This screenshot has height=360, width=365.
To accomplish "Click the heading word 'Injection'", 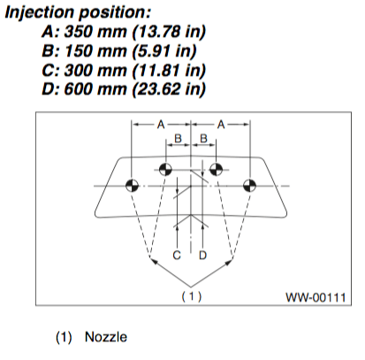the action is tap(39, 13).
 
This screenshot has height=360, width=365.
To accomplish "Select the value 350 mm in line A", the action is tap(95, 31).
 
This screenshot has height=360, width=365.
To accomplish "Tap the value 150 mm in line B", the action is tap(95, 50).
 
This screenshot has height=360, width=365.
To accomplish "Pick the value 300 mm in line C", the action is tap(95, 70).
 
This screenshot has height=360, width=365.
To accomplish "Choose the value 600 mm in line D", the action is tap(95, 89).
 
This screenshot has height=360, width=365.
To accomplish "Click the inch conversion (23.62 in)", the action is tap(169, 89).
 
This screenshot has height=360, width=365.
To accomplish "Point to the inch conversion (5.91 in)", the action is tap(164, 51).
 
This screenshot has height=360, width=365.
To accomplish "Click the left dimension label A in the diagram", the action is tap(161, 125).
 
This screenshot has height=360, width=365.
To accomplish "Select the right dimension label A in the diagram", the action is tap(221, 125).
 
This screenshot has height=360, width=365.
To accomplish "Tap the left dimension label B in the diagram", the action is tap(179, 139).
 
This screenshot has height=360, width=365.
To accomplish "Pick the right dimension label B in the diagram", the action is tap(204, 139).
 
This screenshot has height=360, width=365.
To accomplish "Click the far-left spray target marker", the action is tap(132, 186).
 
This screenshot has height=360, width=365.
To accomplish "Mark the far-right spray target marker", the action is tap(250, 186).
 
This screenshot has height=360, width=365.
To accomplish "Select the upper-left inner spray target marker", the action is tap(165, 170).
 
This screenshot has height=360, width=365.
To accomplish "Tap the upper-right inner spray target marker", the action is tap(217, 170).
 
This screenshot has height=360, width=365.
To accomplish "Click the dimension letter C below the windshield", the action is tap(177, 256).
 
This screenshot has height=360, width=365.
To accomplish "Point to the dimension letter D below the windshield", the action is tap(203, 256).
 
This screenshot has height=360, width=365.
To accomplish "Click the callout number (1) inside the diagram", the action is tap(192, 296).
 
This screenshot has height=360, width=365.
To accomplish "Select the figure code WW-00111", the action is tap(316, 297).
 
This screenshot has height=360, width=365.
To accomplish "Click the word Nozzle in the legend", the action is tap(106, 337).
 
